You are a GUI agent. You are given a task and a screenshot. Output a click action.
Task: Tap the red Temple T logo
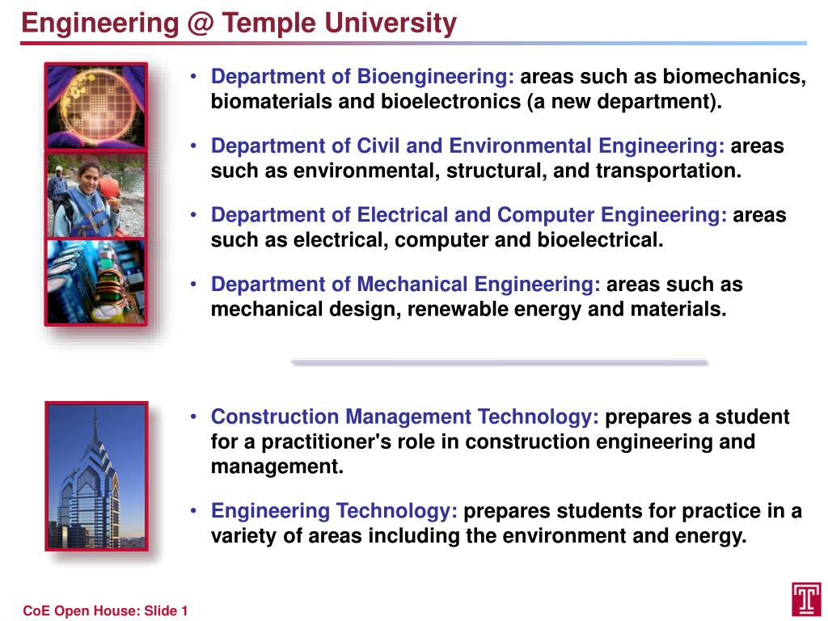pyautogui.click(x=806, y=599)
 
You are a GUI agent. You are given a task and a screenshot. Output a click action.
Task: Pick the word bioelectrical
pyautogui.click(x=600, y=240)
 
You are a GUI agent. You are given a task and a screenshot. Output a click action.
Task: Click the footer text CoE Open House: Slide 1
pyautogui.click(x=105, y=610)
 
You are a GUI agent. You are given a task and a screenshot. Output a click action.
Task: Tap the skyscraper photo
pyautogui.click(x=96, y=477)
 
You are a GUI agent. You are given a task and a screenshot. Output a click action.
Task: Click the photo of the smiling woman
pyautogui.click(x=96, y=194)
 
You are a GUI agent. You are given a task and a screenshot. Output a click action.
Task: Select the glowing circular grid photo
pyautogui.click(x=96, y=107)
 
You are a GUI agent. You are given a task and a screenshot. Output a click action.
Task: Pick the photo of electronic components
pyautogui.click(x=96, y=281)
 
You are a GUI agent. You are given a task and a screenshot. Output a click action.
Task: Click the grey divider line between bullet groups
pyautogui.click(x=499, y=362)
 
